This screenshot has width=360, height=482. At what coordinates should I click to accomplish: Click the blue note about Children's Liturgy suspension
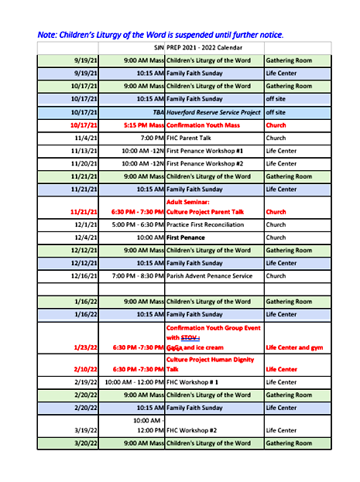(x=160, y=35)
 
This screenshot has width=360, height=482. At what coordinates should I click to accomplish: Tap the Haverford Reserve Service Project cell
(x=214, y=112)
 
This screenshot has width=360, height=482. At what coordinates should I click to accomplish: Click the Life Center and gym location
(x=296, y=347)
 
